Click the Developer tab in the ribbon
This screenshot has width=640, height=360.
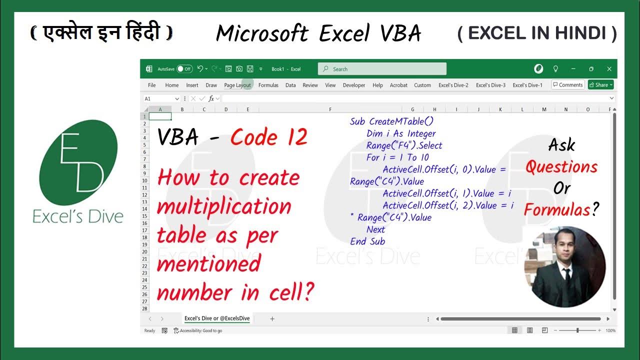click(x=354, y=85)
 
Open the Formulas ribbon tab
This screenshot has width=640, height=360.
click(x=268, y=85)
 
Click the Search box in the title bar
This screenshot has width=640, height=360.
click(x=382, y=69)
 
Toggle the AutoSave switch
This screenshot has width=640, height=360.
click(x=184, y=69)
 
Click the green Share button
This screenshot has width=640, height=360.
click(x=600, y=85)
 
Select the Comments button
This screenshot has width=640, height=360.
click(x=567, y=85)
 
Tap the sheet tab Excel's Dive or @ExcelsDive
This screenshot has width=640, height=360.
click(x=217, y=318)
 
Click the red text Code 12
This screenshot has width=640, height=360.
click(x=269, y=137)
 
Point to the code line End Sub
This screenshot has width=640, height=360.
click(x=367, y=241)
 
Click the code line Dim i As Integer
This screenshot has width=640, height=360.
click(x=401, y=133)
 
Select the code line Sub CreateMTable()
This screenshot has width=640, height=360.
click(x=391, y=121)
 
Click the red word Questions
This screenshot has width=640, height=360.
click(x=561, y=167)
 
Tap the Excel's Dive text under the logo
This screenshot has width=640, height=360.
click(x=78, y=216)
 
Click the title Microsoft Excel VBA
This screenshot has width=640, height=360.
click(x=318, y=33)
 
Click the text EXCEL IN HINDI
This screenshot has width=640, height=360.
click(x=537, y=33)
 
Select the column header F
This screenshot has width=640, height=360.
click(x=330, y=109)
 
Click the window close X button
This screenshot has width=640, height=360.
click(x=609, y=69)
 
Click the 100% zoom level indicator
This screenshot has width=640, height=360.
click(x=610, y=330)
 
